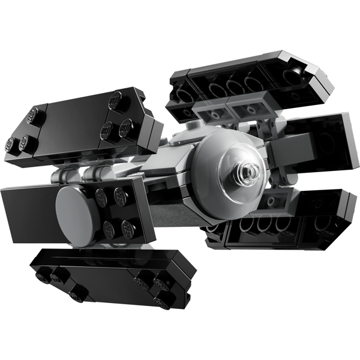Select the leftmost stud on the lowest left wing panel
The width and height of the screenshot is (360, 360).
click(x=41, y=275)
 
